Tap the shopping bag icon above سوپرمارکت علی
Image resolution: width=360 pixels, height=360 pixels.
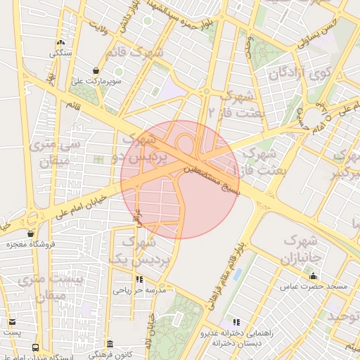point(118,71)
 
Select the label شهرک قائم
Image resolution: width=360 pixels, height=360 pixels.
point(134,52)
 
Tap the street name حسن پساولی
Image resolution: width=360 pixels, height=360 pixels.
point(318,32)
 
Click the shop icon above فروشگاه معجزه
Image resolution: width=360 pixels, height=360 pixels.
point(30,233)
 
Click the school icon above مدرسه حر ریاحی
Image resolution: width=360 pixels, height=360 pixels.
point(148,279)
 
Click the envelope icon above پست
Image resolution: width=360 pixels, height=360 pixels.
point(12,322)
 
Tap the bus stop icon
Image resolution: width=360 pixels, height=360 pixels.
point(36,347)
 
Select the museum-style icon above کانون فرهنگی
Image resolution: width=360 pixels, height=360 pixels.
point(110,344)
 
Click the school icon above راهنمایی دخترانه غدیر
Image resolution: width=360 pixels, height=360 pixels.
point(236,321)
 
